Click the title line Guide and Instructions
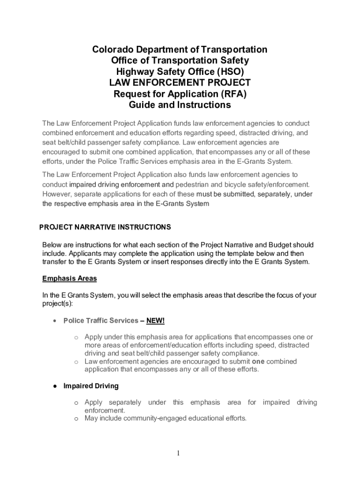(x=180, y=105)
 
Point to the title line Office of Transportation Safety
(x=180, y=60)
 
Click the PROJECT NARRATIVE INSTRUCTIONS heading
(x=105, y=227)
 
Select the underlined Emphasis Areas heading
(x=70, y=278)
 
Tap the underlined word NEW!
(x=155, y=320)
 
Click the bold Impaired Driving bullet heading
(x=91, y=386)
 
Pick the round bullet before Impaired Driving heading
(x=55, y=386)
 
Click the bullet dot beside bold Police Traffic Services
(x=55, y=321)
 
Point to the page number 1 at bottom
(x=179, y=453)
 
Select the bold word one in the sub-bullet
(x=258, y=362)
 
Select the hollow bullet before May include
(x=76, y=419)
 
